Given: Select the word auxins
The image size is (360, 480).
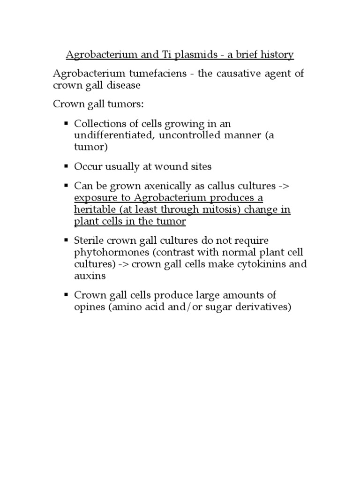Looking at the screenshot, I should pyautogui.click(x=90, y=276).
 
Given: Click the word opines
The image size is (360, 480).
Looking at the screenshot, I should pyautogui.click(x=89, y=307).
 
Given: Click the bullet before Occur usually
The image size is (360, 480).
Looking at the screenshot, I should pyautogui.click(x=66, y=166).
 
